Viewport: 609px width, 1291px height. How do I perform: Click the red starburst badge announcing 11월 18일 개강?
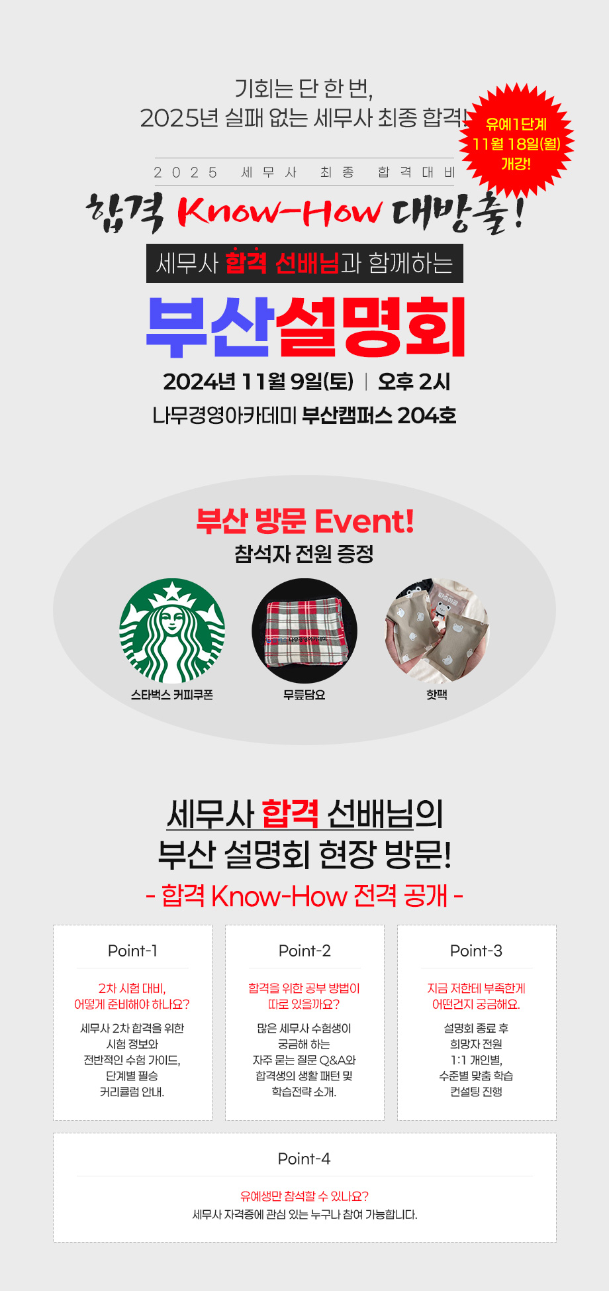pyautogui.click(x=516, y=142)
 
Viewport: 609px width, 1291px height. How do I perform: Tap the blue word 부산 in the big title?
pyautogui.click(x=210, y=327)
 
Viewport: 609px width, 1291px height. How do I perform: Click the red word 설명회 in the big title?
pyautogui.click(x=371, y=327)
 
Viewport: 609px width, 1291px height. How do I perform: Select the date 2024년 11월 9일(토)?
pyautogui.click(x=258, y=382)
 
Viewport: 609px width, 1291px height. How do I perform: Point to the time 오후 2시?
pyautogui.click(x=414, y=382)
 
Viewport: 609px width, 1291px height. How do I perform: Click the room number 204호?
pyautogui.click(x=427, y=415)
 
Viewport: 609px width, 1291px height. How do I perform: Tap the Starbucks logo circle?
pyautogui.click(x=172, y=631)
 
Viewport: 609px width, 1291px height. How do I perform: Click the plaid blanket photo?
pyautogui.click(x=304, y=631)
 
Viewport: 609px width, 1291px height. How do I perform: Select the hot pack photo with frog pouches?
pyautogui.click(x=437, y=631)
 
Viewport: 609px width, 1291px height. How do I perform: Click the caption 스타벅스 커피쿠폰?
pyautogui.click(x=172, y=695)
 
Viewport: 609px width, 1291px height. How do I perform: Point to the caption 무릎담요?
pyautogui.click(x=304, y=695)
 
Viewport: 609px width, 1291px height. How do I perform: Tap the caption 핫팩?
pyautogui.click(x=437, y=695)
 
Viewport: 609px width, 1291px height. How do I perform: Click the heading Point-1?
pyautogui.click(x=132, y=951)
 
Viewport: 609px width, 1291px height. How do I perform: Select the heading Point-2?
pyautogui.click(x=304, y=951)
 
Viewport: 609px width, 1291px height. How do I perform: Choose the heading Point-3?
pyautogui.click(x=477, y=951)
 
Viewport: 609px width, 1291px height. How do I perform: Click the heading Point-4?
pyautogui.click(x=304, y=1159)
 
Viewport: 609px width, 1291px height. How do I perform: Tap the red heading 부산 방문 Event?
pyautogui.click(x=305, y=521)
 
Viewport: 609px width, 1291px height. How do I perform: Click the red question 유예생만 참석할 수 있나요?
pyautogui.click(x=304, y=1196)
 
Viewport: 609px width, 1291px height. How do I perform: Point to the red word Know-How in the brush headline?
pyautogui.click(x=280, y=212)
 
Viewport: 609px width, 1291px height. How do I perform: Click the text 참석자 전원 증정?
pyautogui.click(x=304, y=554)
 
